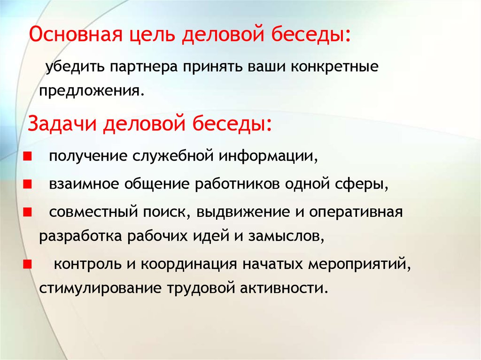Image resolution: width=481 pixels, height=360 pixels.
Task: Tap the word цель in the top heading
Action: point(152,34)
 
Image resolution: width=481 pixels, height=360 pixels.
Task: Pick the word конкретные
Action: point(334,67)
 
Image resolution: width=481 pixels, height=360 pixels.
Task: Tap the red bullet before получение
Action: point(27,157)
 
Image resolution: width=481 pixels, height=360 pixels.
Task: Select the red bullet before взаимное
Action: point(27,184)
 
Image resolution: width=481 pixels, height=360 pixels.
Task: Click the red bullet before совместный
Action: point(27,212)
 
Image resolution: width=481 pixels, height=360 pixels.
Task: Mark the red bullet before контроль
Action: point(27,264)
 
